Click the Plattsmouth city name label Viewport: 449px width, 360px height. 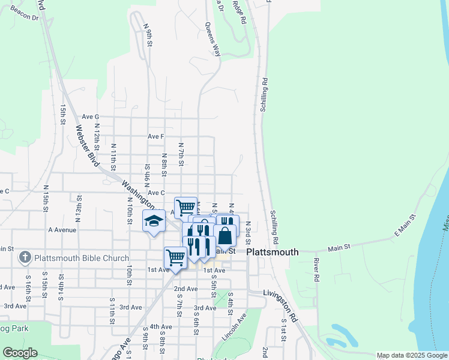pyautogui.click(x=273, y=253)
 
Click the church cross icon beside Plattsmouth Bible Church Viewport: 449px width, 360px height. pyautogui.click(x=25, y=259)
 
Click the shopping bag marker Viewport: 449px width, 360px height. pyautogui.click(x=224, y=236)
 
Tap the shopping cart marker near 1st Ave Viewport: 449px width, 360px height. pyautogui.click(x=175, y=258)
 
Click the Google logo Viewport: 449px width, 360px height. pyautogui.click(x=20, y=353)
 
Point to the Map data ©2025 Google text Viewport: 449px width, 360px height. pyautogui.click(x=411, y=355)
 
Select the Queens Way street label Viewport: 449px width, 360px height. pyautogui.click(x=212, y=40)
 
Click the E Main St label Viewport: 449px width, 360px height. pyautogui.click(x=404, y=227)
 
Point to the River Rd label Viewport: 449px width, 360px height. pyautogui.click(x=315, y=271)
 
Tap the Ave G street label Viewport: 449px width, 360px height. pyautogui.click(x=90, y=116)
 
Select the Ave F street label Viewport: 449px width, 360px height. pyautogui.click(x=156, y=136)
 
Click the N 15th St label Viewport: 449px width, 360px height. pyautogui.click(x=46, y=203)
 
